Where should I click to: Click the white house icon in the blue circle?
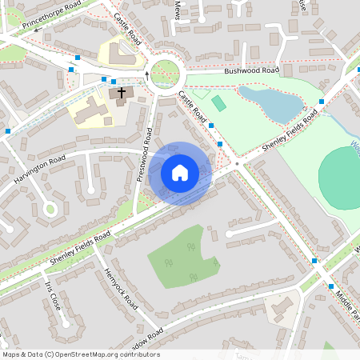(180, 172)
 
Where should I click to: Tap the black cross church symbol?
(122, 94)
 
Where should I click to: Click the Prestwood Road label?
(145, 154)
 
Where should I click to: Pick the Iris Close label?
(53, 297)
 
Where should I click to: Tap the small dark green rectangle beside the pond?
(218, 103)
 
